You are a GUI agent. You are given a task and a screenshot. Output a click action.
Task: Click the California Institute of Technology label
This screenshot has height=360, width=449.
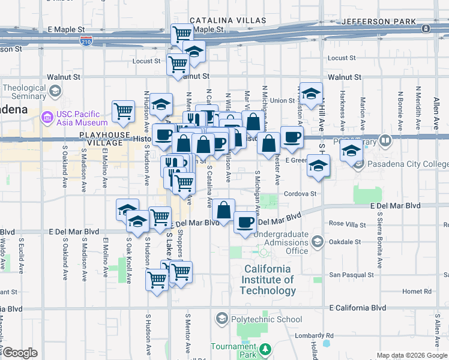tap(268, 280)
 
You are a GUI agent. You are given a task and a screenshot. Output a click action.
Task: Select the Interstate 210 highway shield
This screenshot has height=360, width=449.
tap(86, 41)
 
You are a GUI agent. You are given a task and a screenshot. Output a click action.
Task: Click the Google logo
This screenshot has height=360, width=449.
tap(20, 353)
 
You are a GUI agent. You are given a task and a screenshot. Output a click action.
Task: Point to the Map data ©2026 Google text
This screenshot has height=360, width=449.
tap(411, 355)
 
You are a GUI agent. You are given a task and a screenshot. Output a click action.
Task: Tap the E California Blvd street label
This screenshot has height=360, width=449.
tap(358, 307)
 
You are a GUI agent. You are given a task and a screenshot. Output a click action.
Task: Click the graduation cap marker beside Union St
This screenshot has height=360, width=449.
tap(310, 93)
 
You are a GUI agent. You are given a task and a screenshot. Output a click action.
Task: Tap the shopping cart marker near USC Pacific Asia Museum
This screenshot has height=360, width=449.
tap(123, 111)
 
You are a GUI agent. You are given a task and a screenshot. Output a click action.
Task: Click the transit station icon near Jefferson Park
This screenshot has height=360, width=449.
tap(425, 28)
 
